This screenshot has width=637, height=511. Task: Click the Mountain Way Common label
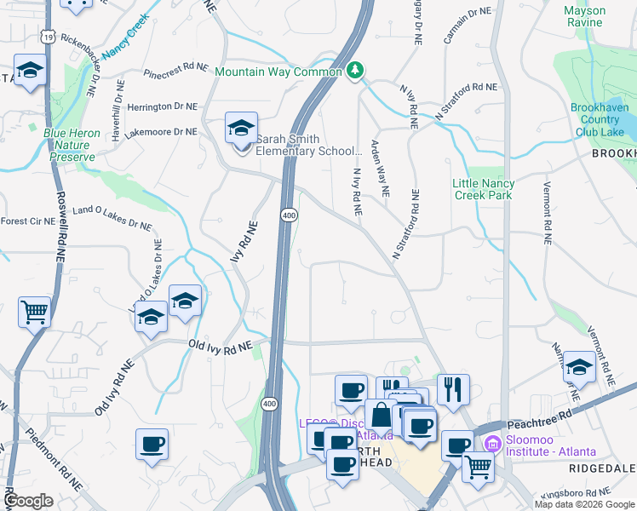pyautogui.click(x=278, y=72)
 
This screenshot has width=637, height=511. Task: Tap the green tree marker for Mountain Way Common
pyautogui.click(x=356, y=70)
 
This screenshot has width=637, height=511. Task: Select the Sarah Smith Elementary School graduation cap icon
pyautogui.click(x=241, y=129)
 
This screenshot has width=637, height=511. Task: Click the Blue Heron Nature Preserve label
pyautogui.click(x=72, y=145)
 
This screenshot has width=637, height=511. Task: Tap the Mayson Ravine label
pyautogui.click(x=585, y=16)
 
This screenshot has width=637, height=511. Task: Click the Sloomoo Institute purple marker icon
pyautogui.click(x=491, y=444)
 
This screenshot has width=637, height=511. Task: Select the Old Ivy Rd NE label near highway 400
pyautogui.click(x=221, y=345)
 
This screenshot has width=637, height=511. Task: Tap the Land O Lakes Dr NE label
pyautogui.click(x=112, y=217)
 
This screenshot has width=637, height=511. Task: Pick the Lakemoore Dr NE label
pyautogui.click(x=161, y=132)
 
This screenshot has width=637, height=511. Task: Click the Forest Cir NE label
pyautogui.click(x=27, y=221)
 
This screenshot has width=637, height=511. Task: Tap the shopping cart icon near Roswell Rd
pyautogui.click(x=34, y=312)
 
